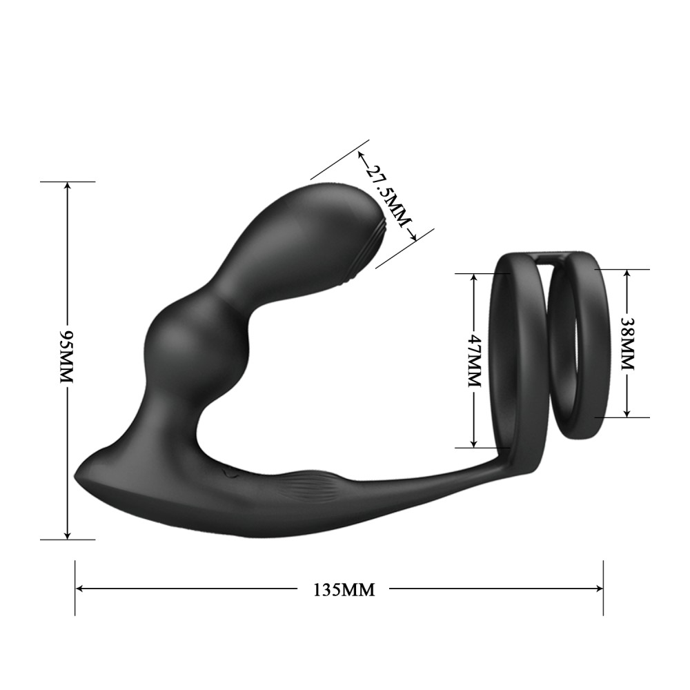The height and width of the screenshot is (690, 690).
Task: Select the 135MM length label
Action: click(x=344, y=589)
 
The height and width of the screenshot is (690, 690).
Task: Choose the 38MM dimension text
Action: click(x=627, y=344)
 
